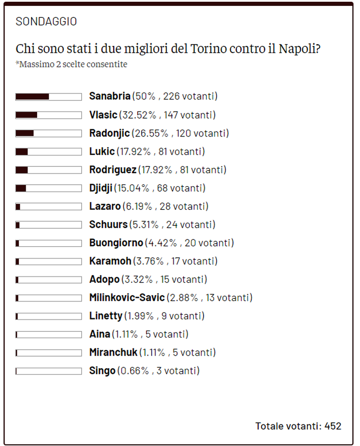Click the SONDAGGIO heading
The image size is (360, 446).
pyautogui.click(x=46, y=21)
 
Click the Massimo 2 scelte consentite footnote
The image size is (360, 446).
pyautogui.click(x=72, y=64)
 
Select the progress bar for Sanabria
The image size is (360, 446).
pyautogui.click(x=48, y=97)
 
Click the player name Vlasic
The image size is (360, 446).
pyautogui.click(x=103, y=115)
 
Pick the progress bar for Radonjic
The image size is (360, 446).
pyautogui.click(x=48, y=133)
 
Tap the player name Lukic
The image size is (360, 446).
pyautogui.click(x=102, y=151)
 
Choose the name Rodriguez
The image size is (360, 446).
pyautogui.click(x=113, y=170)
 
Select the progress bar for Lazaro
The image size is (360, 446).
pyautogui.click(x=48, y=207)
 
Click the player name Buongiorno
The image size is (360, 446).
pyautogui.click(x=116, y=243)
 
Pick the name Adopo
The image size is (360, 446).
pyautogui.click(x=104, y=279)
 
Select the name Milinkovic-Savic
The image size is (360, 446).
pyautogui.click(x=127, y=297)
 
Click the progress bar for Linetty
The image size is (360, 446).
pyautogui.click(x=48, y=316)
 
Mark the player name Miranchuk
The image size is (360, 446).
pyautogui.click(x=113, y=352)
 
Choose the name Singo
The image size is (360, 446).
pyautogui.click(x=102, y=371)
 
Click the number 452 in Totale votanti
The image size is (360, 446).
pyautogui.click(x=333, y=426)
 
